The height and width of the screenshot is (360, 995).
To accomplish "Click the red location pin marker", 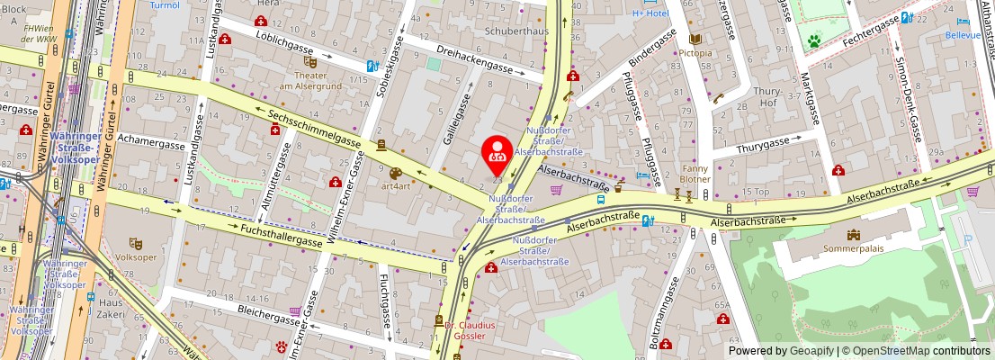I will (497, 155).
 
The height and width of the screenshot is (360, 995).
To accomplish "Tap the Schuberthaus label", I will (516, 31).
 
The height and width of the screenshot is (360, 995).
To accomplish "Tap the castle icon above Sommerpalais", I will (853, 235).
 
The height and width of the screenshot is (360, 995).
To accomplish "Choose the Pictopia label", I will (695, 53).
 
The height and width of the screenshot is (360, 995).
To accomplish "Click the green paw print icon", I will (814, 40).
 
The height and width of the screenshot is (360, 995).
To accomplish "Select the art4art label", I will (396, 186).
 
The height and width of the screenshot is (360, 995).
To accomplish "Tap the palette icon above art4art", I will (396, 172).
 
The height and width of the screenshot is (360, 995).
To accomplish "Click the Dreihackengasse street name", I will (474, 58).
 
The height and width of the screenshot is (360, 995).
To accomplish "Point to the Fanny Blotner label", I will (695, 173).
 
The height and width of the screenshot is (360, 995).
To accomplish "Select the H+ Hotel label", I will (650, 13).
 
